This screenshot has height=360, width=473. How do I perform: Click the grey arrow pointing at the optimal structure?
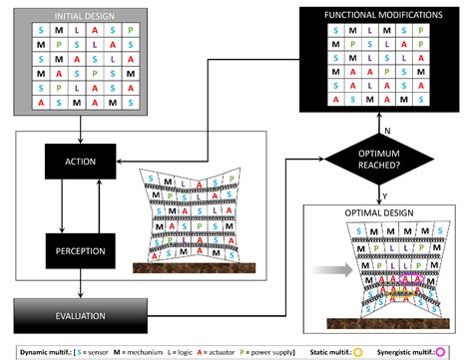[322, 269]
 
